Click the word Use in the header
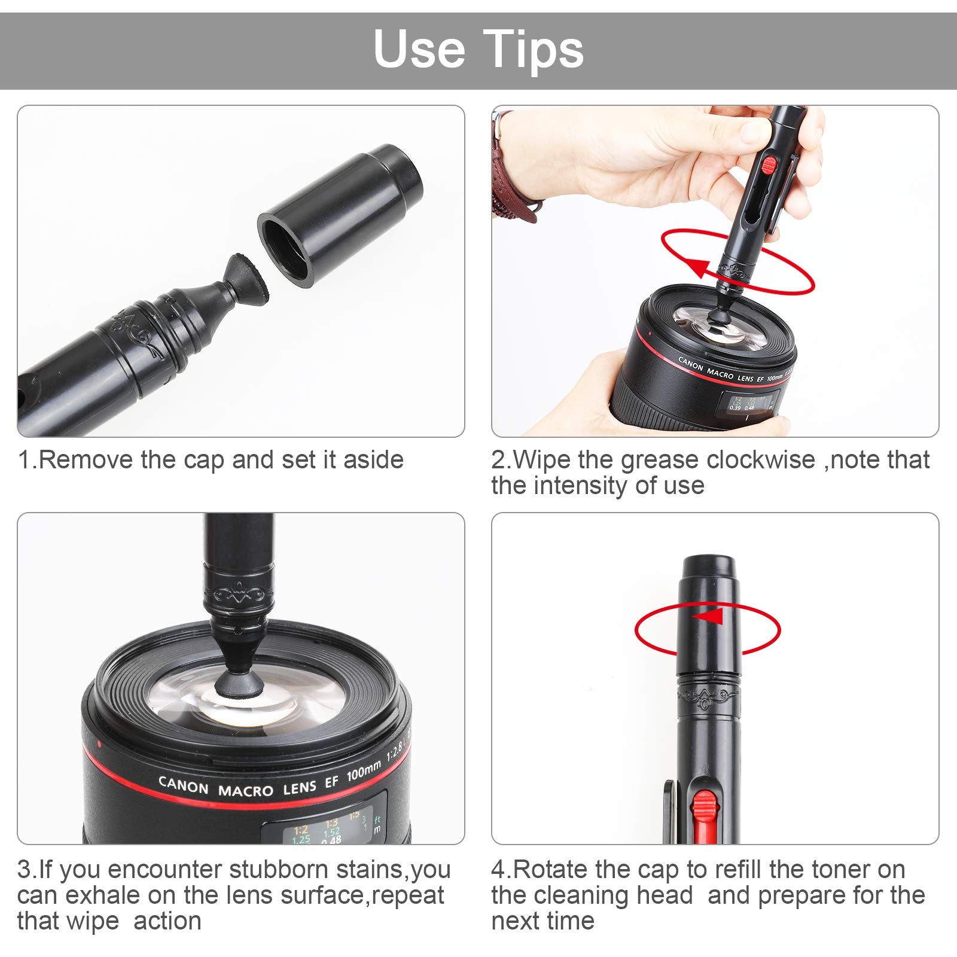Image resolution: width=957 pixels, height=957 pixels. tap(419, 49)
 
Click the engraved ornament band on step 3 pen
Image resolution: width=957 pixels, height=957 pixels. tap(238, 595)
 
